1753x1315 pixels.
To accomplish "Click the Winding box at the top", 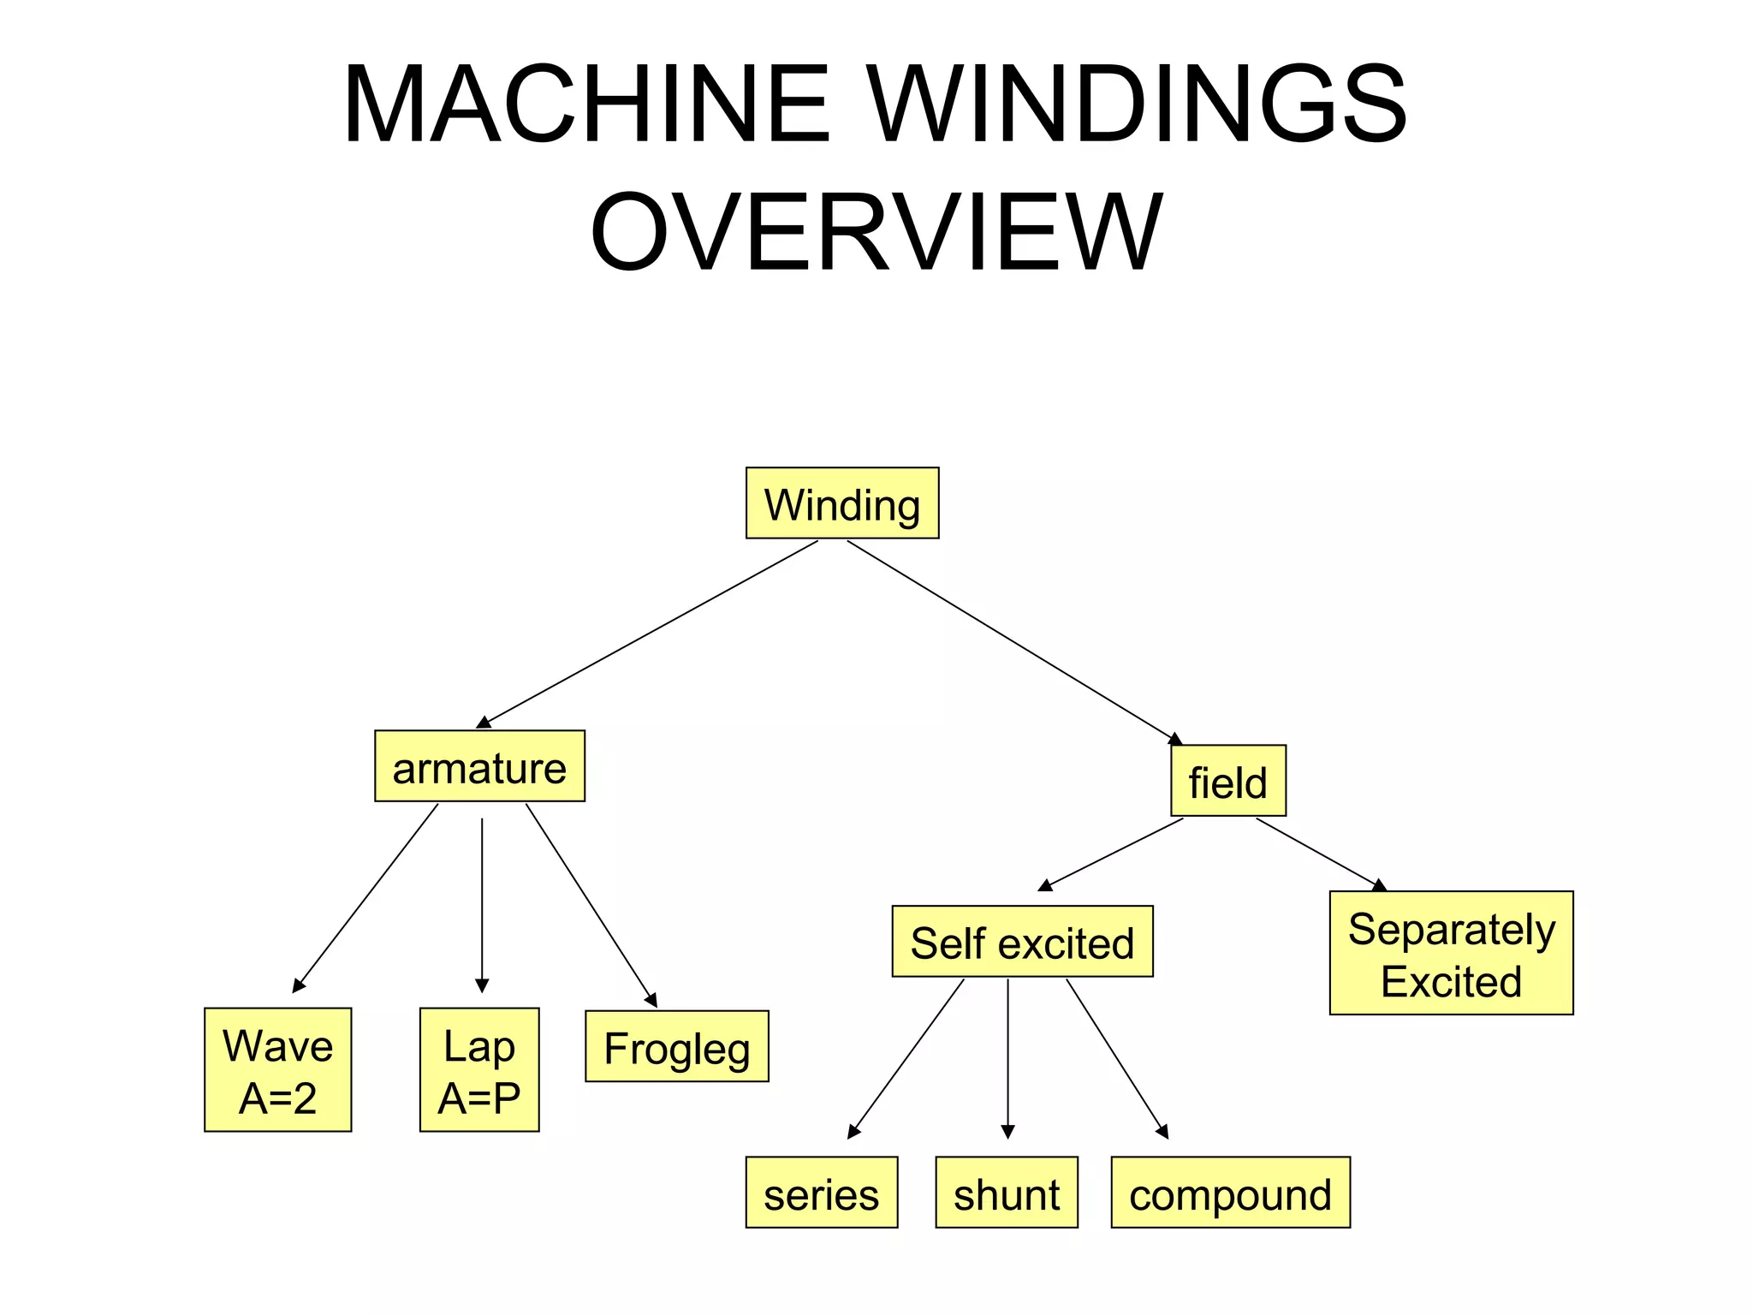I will pos(842,503).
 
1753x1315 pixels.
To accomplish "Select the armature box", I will pos(479,766).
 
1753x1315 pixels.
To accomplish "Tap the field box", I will pos(1228,781).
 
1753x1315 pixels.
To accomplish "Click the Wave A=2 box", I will pos(277,1070).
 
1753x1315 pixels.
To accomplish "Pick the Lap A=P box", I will pos(479,1070).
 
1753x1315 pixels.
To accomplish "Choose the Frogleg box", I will pos(677,1047).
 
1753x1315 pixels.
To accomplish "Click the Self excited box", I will pos(1022,942).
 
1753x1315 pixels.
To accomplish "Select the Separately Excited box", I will pos(1451,954).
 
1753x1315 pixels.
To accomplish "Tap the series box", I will pos(822,1193).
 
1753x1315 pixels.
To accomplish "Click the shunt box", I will pos(1007,1193).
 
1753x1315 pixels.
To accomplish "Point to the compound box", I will pos(1230,1193).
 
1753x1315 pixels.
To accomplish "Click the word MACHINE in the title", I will pos(587,104).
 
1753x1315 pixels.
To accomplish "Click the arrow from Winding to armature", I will pos(651,634).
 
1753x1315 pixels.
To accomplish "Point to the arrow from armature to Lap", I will pos(482,903).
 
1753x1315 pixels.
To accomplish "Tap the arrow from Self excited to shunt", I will pos(1008,1057).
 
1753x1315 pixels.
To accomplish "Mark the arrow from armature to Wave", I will pos(366,897).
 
